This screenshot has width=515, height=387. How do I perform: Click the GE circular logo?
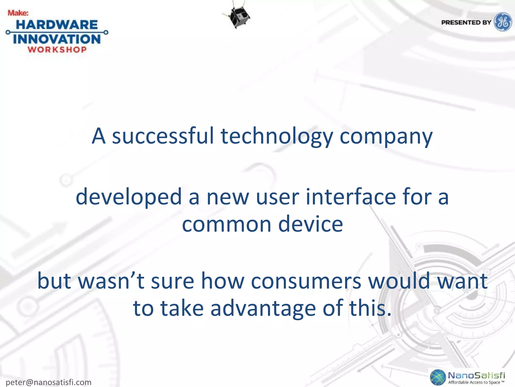[x=503, y=22]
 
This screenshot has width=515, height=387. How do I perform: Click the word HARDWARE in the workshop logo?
[x=57, y=25]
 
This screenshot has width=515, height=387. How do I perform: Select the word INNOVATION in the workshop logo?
[x=57, y=39]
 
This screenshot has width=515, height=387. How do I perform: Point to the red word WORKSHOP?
[x=57, y=50]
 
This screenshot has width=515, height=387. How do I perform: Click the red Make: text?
[x=18, y=13]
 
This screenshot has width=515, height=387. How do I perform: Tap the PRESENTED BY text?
[x=466, y=22]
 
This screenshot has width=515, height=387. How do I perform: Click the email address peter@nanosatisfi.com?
[x=49, y=382]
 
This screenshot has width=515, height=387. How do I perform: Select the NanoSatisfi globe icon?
[x=438, y=377]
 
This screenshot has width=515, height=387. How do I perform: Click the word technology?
[x=277, y=136]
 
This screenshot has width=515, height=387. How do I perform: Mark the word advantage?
[x=263, y=309]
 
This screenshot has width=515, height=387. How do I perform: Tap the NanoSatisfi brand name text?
[x=477, y=375]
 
